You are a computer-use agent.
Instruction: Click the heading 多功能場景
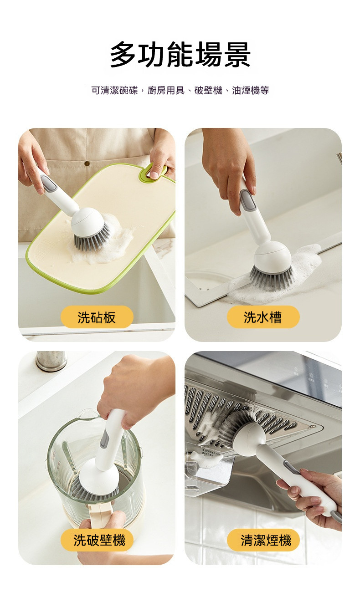click(x=180, y=55)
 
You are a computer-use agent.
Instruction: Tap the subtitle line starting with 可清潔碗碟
click(x=180, y=90)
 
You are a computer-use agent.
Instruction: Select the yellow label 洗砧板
click(x=97, y=317)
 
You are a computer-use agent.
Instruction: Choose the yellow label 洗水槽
click(x=263, y=317)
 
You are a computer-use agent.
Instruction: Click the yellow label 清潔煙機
click(x=263, y=540)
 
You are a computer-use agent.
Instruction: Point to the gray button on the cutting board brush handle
click(x=49, y=183)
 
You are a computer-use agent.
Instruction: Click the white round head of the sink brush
click(x=272, y=257)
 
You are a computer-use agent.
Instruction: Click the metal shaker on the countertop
click(x=51, y=361)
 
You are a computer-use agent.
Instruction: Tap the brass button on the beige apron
click(x=87, y=163)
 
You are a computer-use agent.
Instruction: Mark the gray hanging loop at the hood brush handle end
click(x=335, y=517)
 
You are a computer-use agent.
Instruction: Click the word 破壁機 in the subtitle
click(x=208, y=90)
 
